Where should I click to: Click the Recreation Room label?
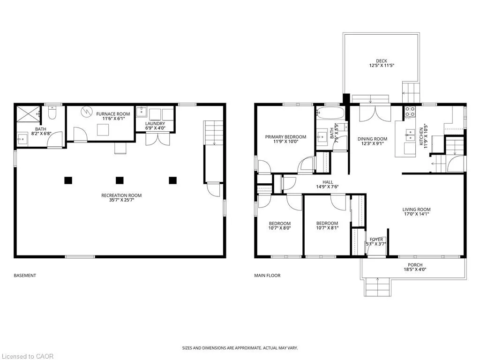click(121, 195)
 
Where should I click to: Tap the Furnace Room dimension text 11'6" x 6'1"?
click(113, 119)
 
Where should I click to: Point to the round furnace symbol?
click(87, 112)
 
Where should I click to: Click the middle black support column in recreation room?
click(120, 180)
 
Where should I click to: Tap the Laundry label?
click(155, 123)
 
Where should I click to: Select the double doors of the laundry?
click(157, 139)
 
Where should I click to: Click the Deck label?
click(382, 61)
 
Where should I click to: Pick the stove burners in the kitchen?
click(410, 112)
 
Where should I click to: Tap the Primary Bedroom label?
click(285, 137)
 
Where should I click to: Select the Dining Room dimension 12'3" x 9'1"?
click(372, 143)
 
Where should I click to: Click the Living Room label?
click(416, 210)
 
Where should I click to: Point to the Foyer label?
click(376, 240)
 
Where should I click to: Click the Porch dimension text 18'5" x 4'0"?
click(415, 270)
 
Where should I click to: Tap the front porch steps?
click(377, 287)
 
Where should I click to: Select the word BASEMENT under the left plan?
click(25, 276)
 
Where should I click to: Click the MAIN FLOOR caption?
click(267, 276)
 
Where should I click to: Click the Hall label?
click(328, 182)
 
